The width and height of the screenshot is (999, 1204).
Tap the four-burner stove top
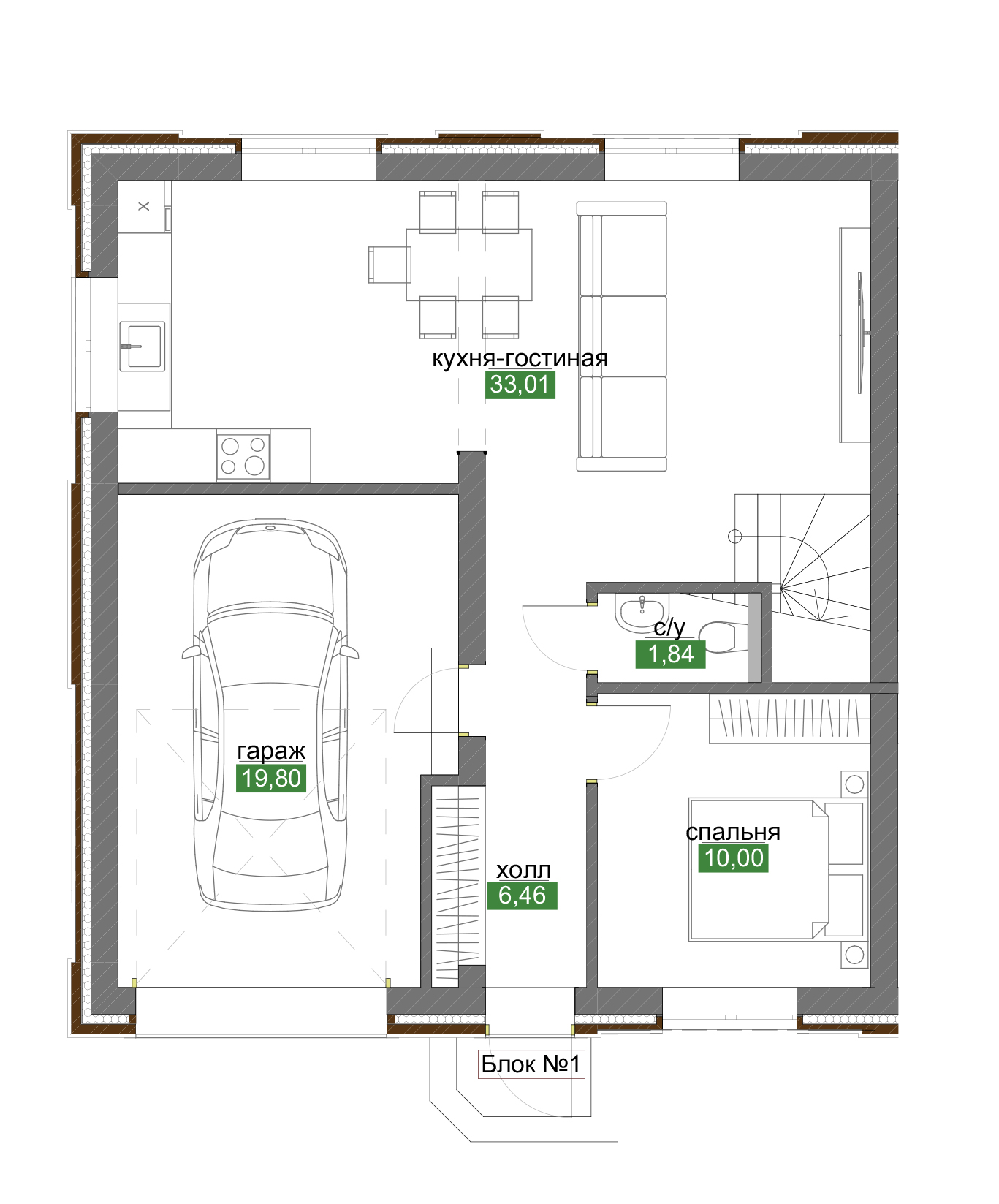243,455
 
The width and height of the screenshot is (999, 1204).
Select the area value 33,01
520,385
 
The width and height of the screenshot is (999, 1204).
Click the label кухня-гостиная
520,358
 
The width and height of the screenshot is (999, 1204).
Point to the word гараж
271,751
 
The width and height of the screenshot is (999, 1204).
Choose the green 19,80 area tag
271,779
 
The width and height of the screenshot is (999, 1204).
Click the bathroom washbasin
641,612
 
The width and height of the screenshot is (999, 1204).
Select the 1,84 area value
670,654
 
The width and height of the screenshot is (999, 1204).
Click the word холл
523,870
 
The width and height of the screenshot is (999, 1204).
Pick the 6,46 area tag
522,896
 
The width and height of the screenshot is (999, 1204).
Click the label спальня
733,832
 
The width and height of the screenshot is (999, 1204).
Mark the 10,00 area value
734,858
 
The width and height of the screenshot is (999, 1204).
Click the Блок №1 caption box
531,1064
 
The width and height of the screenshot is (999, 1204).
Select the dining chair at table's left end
390,264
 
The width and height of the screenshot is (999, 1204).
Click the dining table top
469,265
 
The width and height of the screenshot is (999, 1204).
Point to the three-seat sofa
622,336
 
